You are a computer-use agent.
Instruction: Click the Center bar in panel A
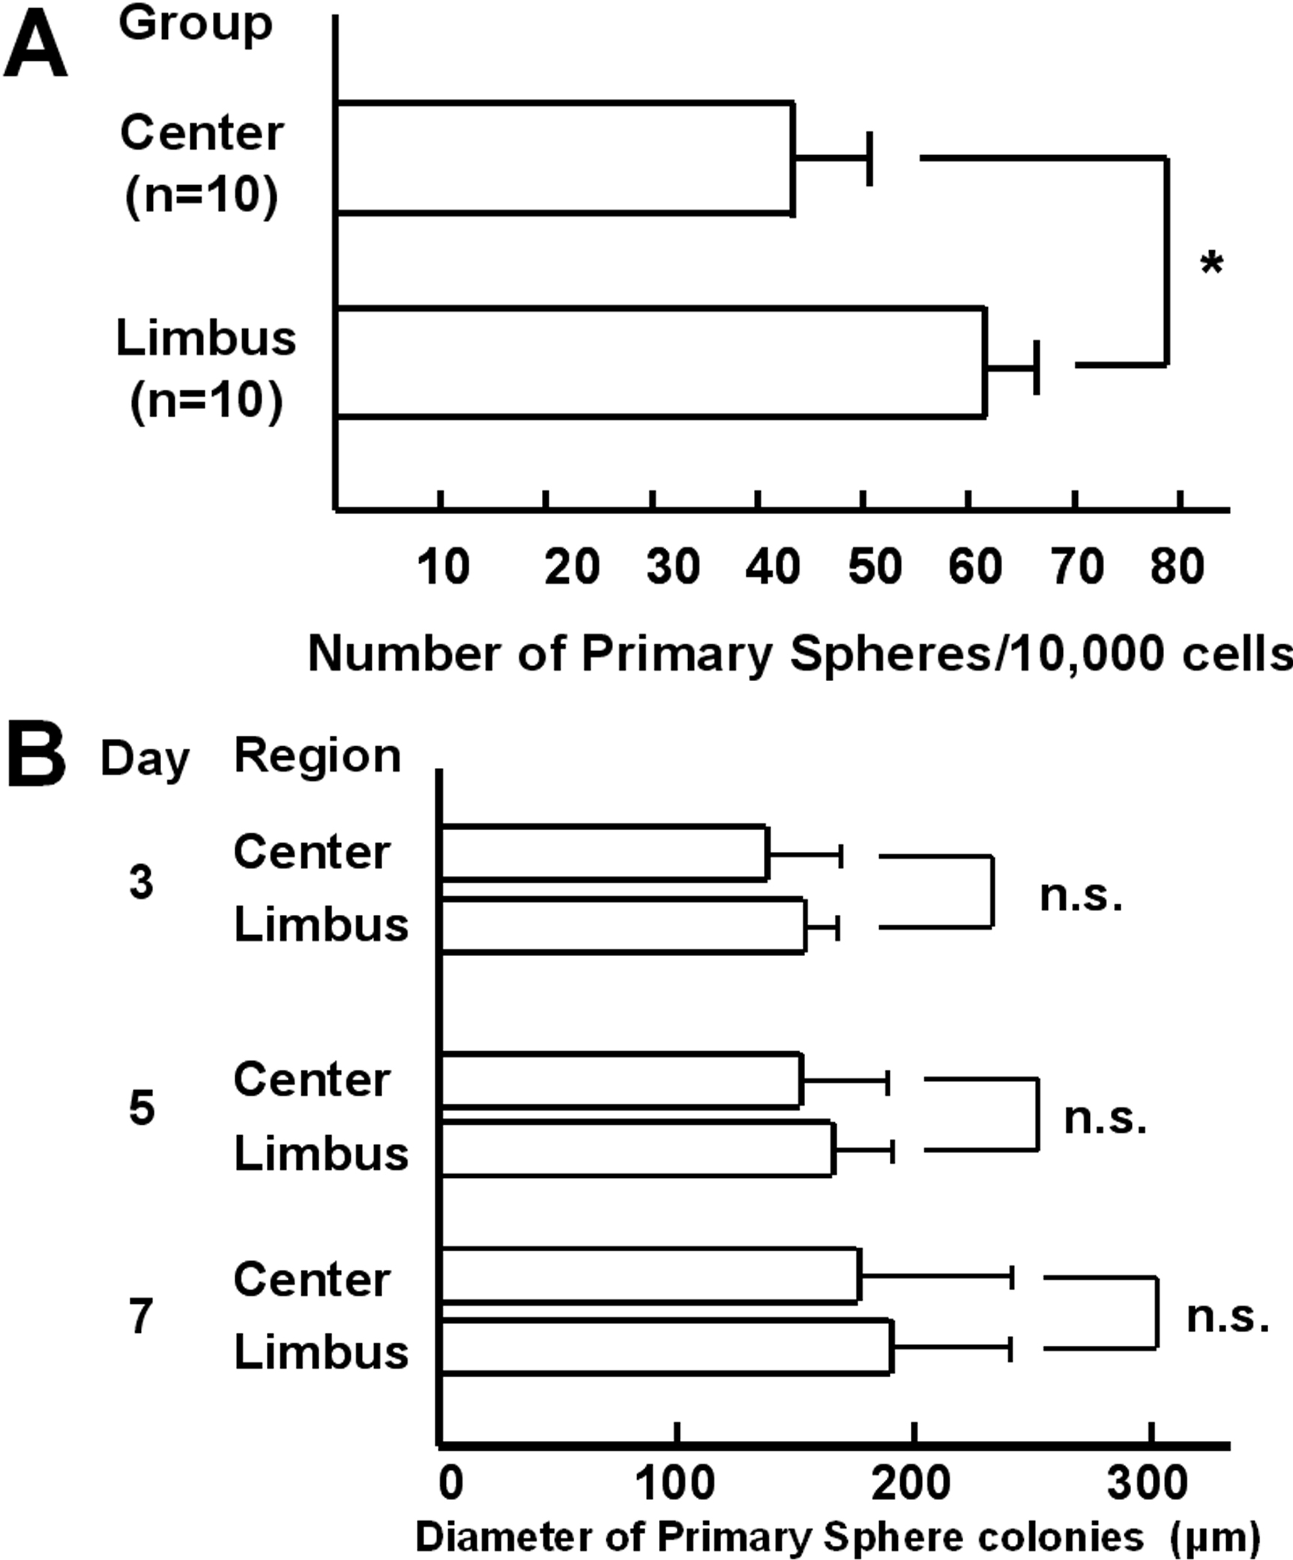point(565,158)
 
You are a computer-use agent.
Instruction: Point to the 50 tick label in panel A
point(874,567)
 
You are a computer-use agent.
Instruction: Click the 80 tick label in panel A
point(1178,567)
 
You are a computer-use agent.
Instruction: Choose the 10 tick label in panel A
point(443,567)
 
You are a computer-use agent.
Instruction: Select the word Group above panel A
point(195,24)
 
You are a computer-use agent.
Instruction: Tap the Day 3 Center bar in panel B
point(604,853)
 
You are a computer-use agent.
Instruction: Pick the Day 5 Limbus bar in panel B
point(637,1149)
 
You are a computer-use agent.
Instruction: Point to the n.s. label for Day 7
point(1228,1316)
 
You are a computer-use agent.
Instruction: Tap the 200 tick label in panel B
point(911,1482)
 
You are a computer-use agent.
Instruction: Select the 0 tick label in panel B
point(451,1482)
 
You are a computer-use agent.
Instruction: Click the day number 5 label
point(142,1108)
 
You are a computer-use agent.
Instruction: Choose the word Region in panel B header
point(318,756)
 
